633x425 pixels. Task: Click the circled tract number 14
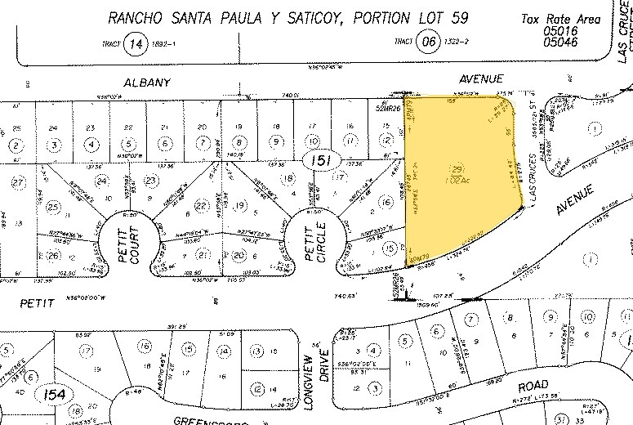tap(133, 45)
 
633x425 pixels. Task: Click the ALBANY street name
tap(146, 83)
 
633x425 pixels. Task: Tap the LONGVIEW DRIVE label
tap(314, 378)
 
